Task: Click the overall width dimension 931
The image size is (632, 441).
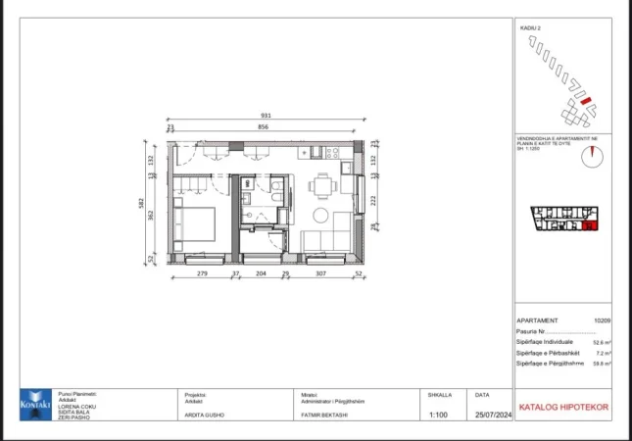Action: coord(265,116)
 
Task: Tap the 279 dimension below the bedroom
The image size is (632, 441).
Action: coord(203,273)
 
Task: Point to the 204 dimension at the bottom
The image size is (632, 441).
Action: coord(260,273)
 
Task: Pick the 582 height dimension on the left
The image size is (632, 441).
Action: coord(141,202)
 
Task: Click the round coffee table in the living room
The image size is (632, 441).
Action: coord(320,216)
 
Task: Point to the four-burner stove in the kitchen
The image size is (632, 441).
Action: coord(333,151)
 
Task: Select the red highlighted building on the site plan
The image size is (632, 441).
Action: coord(584,100)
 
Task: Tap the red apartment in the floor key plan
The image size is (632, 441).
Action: coord(589,226)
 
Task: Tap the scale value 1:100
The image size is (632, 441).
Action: coord(439,416)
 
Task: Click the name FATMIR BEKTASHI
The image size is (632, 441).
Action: coord(325,416)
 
